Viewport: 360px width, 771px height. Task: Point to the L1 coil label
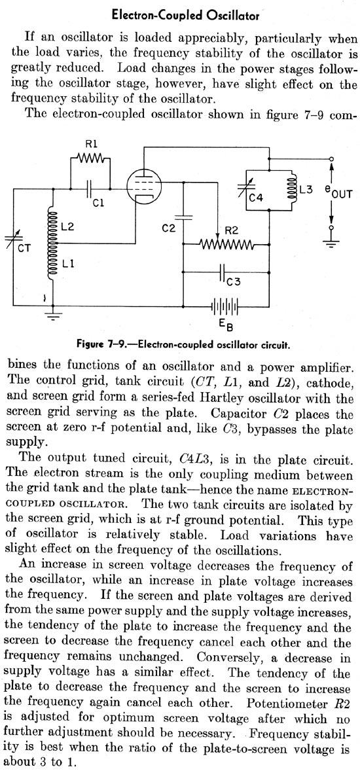tap(68, 264)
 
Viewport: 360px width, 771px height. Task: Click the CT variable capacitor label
tap(24, 248)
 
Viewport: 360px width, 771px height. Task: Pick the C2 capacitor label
tap(168, 228)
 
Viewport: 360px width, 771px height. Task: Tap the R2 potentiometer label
tap(231, 230)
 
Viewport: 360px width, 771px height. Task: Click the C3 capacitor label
tap(234, 281)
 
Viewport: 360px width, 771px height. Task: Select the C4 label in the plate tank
tap(256, 198)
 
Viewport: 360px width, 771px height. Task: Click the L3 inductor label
tap(306, 189)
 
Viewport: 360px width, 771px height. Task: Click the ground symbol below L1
tap(54, 313)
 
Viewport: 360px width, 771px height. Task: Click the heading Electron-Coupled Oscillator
tap(186, 15)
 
